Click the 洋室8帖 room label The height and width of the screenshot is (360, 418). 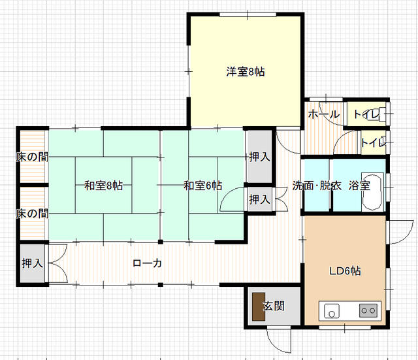tap(246, 72)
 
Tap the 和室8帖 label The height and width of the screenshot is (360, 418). tap(104, 186)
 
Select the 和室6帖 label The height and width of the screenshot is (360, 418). tap(203, 186)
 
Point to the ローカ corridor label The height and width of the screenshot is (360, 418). tap(148, 263)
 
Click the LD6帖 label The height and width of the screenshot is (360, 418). tap(346, 271)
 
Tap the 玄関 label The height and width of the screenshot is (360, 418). tap(274, 306)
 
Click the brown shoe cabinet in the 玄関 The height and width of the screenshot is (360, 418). tap(259, 306)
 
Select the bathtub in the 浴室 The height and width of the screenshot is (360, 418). tap(372, 192)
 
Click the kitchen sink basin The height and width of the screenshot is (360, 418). tap(332, 311)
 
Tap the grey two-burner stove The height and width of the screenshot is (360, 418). tap(368, 310)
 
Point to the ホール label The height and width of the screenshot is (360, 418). tap(324, 114)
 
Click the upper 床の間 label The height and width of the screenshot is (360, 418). tap(32, 157)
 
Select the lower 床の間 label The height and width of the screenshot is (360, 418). tap(32, 214)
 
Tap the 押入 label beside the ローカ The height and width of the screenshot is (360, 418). tap(32, 263)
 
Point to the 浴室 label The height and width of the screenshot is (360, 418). tap(359, 186)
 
